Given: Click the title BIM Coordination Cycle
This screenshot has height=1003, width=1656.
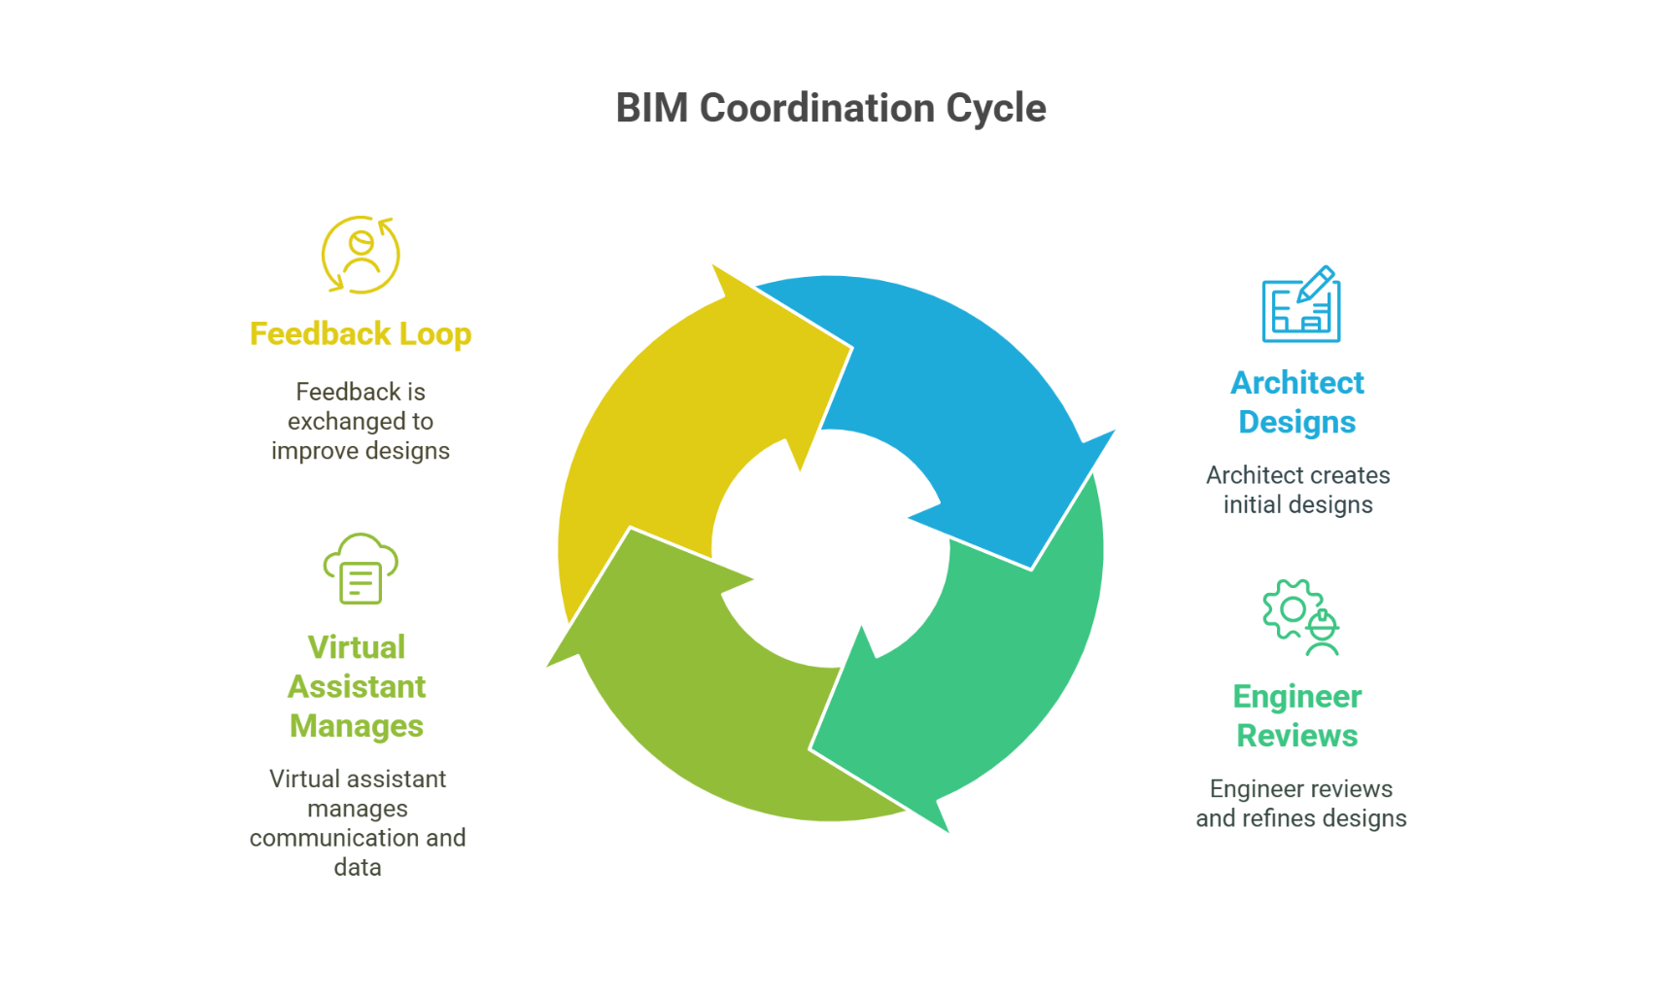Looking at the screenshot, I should pos(831,108).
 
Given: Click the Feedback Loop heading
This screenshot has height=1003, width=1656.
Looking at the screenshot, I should pos(361,333).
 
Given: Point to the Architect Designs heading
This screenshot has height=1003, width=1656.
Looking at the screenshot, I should pos(1297,402).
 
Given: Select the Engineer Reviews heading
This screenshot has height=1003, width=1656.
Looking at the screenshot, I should pos(1297,716).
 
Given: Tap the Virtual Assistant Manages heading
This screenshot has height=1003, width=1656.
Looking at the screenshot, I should pos(357,686).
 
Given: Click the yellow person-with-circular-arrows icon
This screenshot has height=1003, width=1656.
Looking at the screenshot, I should pos(361,255).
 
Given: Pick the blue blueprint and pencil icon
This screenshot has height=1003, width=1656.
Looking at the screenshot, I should pos(1301,305).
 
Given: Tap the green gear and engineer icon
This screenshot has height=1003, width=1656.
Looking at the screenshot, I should pos(1301,617).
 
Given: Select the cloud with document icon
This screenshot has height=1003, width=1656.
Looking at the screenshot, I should pos(361,570).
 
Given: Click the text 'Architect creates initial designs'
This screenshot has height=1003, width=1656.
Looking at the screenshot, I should pos(1298,490).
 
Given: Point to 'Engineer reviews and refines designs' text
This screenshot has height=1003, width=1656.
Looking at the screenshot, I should pos(1301,804).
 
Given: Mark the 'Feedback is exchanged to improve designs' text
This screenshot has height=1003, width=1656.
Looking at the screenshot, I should pos(361,421).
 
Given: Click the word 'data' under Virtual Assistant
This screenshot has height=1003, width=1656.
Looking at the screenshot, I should pos(358,867).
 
